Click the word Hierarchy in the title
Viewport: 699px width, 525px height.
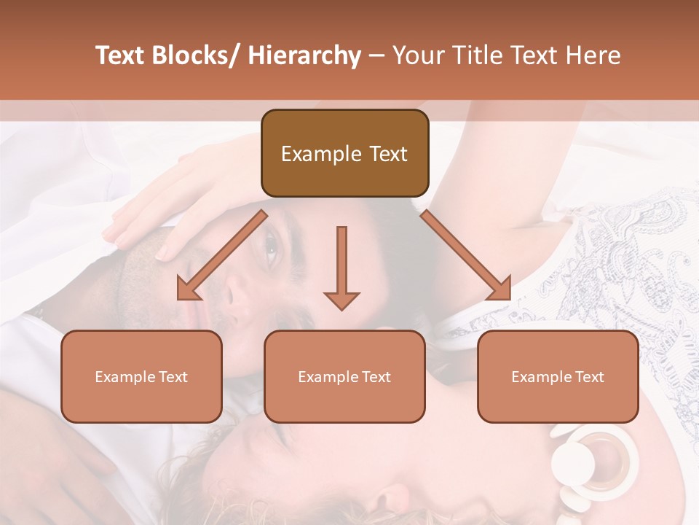pyautogui.click(x=304, y=55)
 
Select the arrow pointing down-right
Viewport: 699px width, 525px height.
pyautogui.click(x=466, y=256)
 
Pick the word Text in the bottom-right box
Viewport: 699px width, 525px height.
pyautogui.click(x=590, y=377)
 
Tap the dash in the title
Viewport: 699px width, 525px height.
pyautogui.click(x=376, y=55)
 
